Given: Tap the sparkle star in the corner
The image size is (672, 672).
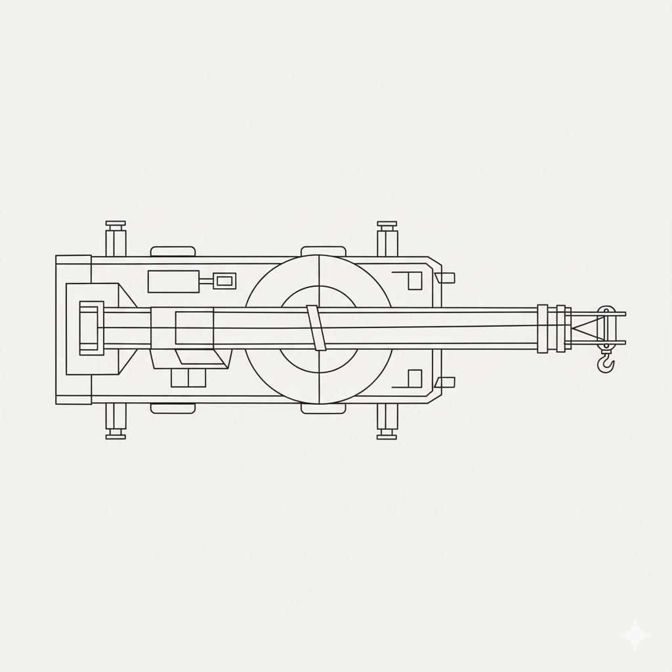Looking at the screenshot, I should [x=635, y=635].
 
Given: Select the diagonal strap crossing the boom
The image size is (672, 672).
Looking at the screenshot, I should [x=316, y=327].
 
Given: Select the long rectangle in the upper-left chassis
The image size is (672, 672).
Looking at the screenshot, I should [x=173, y=282].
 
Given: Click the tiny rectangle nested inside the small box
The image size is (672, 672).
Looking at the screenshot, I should [x=224, y=282].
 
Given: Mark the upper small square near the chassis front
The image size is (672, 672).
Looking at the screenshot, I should [x=415, y=281].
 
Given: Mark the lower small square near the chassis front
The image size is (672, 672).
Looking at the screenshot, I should [x=415, y=379].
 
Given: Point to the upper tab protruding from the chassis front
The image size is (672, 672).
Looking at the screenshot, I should [x=446, y=278].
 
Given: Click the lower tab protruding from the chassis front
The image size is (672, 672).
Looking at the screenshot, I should [x=446, y=382].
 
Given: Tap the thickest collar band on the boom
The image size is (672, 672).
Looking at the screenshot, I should [x=542, y=329].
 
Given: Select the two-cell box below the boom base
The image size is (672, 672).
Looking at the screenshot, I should [x=188, y=378].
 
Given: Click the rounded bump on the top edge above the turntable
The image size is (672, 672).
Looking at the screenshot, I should [x=323, y=251].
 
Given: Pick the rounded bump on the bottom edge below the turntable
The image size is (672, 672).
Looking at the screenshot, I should [x=323, y=408].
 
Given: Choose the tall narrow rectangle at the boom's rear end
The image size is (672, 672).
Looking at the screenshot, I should [x=91, y=328].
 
